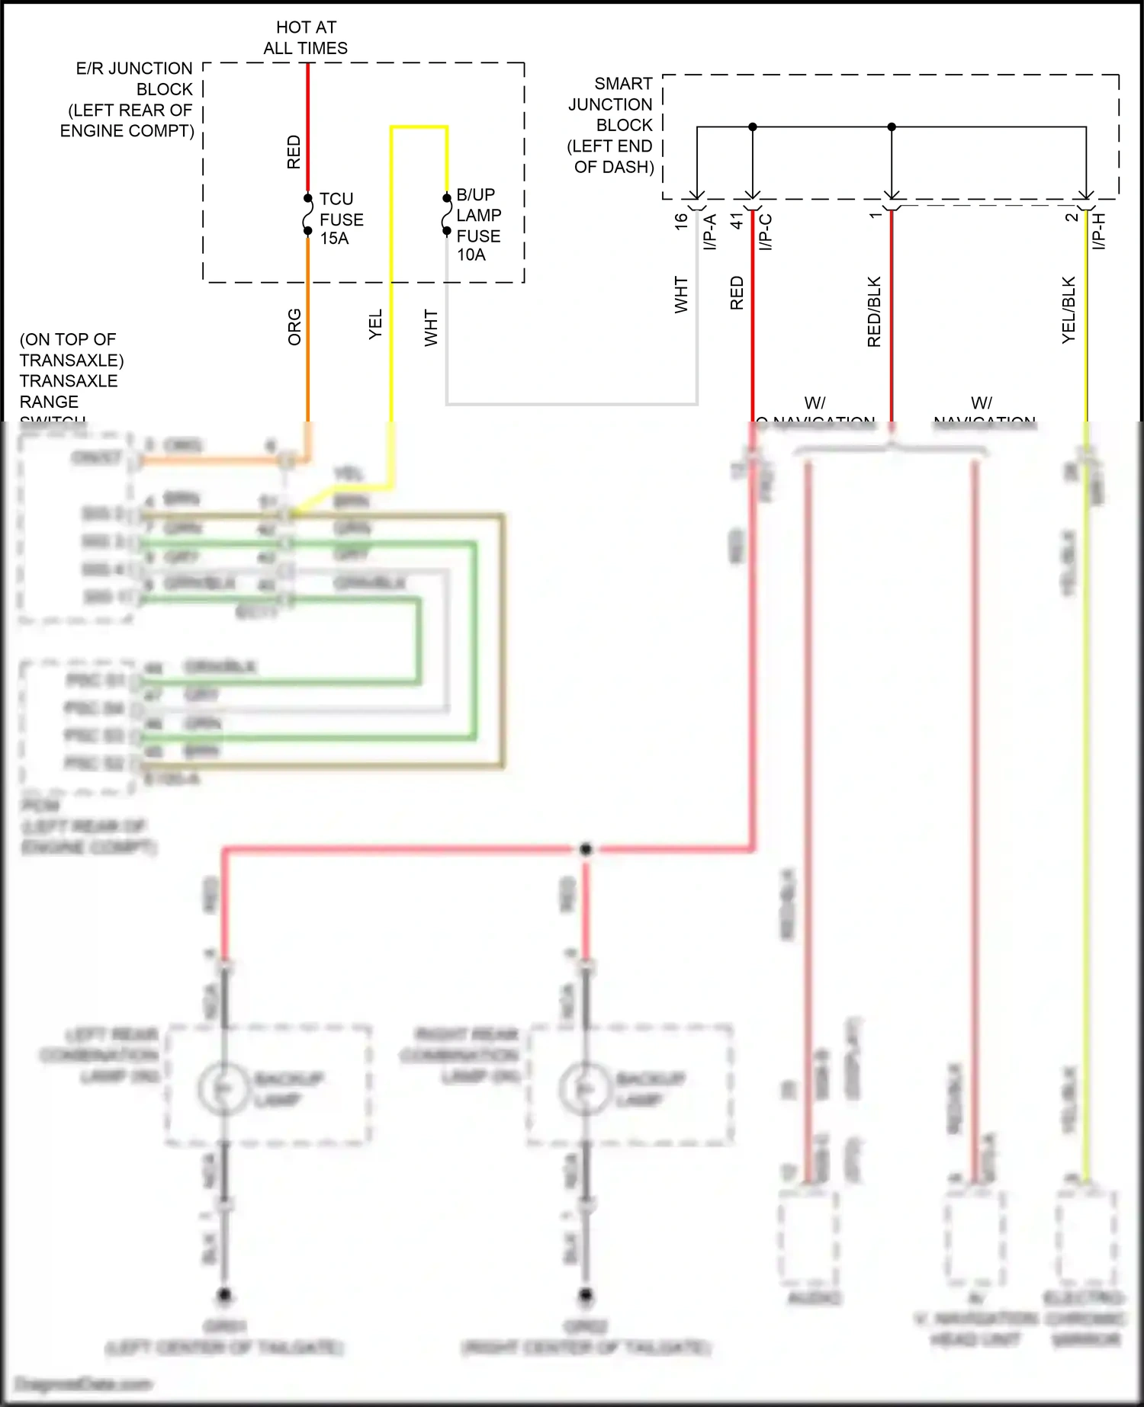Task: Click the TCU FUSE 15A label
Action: coord(340,219)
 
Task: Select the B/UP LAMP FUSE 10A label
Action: coord(477,225)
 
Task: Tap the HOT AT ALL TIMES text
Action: coord(306,37)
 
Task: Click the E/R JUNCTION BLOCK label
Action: coord(128,100)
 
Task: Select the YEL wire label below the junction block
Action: coord(375,324)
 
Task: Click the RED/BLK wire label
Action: coord(874,312)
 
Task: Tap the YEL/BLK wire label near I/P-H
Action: coord(1068,309)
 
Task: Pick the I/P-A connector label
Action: coord(710,232)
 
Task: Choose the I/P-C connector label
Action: coord(766,232)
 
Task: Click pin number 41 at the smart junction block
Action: coord(737,220)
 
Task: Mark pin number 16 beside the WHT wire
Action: coord(681,220)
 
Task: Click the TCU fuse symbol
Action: coord(308,214)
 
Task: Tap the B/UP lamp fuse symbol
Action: coord(447,214)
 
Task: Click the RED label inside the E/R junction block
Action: coord(294,152)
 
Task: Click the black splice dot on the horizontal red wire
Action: coord(586,849)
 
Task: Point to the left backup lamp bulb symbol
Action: coord(223,1088)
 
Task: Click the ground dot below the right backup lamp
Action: coord(586,1294)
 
